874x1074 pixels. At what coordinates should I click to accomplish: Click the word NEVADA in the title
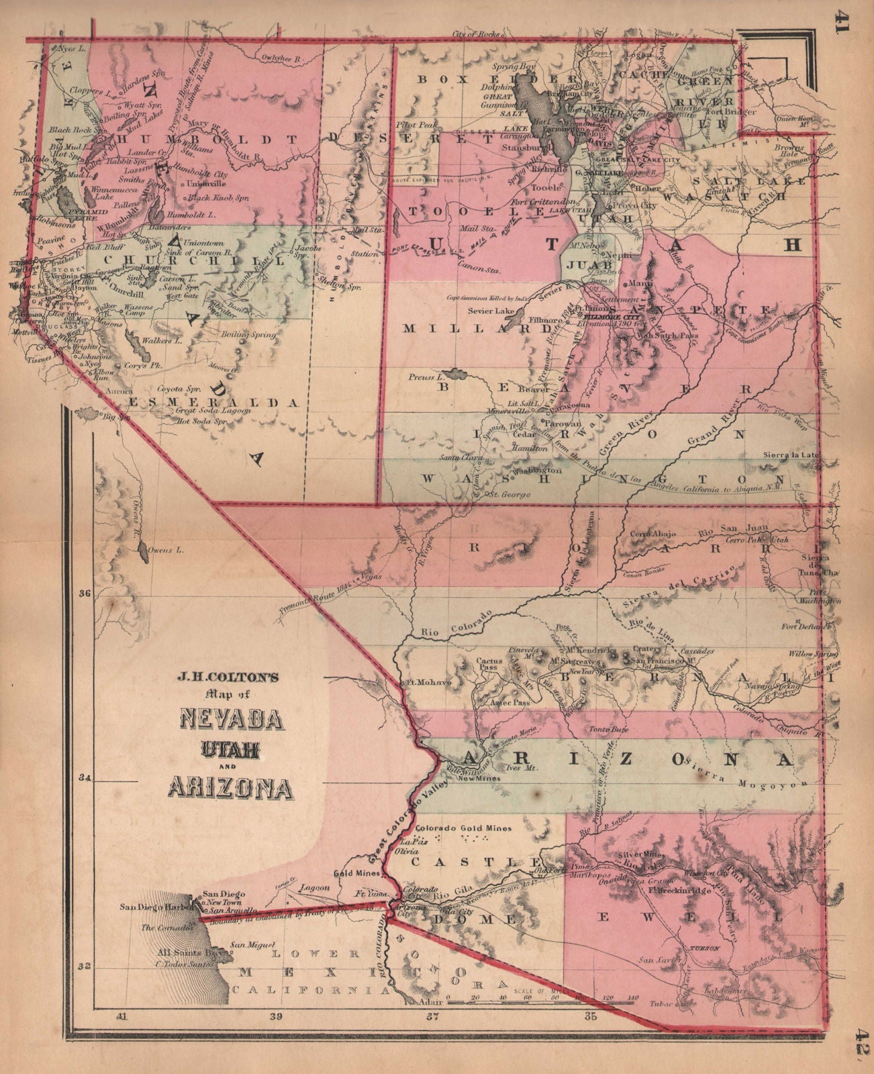[x=231, y=720]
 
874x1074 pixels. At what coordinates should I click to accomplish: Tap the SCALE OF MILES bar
[x=543, y=1003]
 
